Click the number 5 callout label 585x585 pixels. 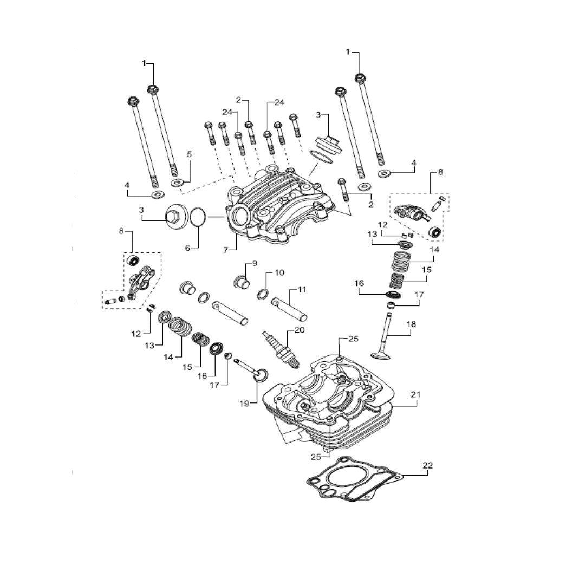pos(190,154)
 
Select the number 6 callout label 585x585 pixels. pos(187,248)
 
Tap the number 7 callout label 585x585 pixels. pos(226,250)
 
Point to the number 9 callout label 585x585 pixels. pos(255,263)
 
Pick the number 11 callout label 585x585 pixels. pos(302,289)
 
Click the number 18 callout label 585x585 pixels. pos(411,324)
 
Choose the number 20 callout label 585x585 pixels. pos(299,330)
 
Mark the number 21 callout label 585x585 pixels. pos(415,394)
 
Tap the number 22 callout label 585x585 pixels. pos(427,465)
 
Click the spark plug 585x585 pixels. pos(281,349)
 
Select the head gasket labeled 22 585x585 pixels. pos(355,479)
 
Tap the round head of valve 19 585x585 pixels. pos(261,375)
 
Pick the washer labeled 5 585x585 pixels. pos(177,183)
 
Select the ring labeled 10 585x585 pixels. pos(263,294)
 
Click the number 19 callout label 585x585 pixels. pos(244,404)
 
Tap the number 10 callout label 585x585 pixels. pos(279,272)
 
